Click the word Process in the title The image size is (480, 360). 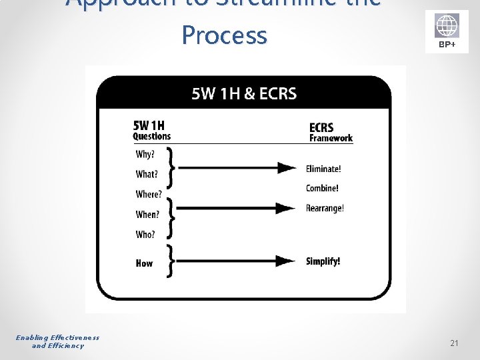pyautogui.click(x=224, y=35)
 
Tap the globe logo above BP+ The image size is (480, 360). pyautogui.click(x=447, y=27)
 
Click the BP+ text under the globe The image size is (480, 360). pyautogui.click(x=447, y=45)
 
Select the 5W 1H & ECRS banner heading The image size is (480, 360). pyautogui.click(x=244, y=94)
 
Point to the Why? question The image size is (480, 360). pyautogui.click(x=145, y=155)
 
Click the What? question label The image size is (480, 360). pyautogui.click(x=147, y=175)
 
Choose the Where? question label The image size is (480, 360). pyautogui.click(x=149, y=195)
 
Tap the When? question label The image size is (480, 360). pyautogui.click(x=148, y=215)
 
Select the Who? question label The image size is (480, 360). pyautogui.click(x=145, y=235)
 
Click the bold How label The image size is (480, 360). pyautogui.click(x=144, y=263)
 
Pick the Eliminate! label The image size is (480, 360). pyautogui.click(x=323, y=169)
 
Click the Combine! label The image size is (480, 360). pyautogui.click(x=322, y=189)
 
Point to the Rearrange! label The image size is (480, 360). pyautogui.click(x=325, y=209)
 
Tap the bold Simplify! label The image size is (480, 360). pyautogui.click(x=323, y=261)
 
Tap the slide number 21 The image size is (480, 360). pyautogui.click(x=454, y=343)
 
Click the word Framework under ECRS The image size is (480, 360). pyautogui.click(x=331, y=139)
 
